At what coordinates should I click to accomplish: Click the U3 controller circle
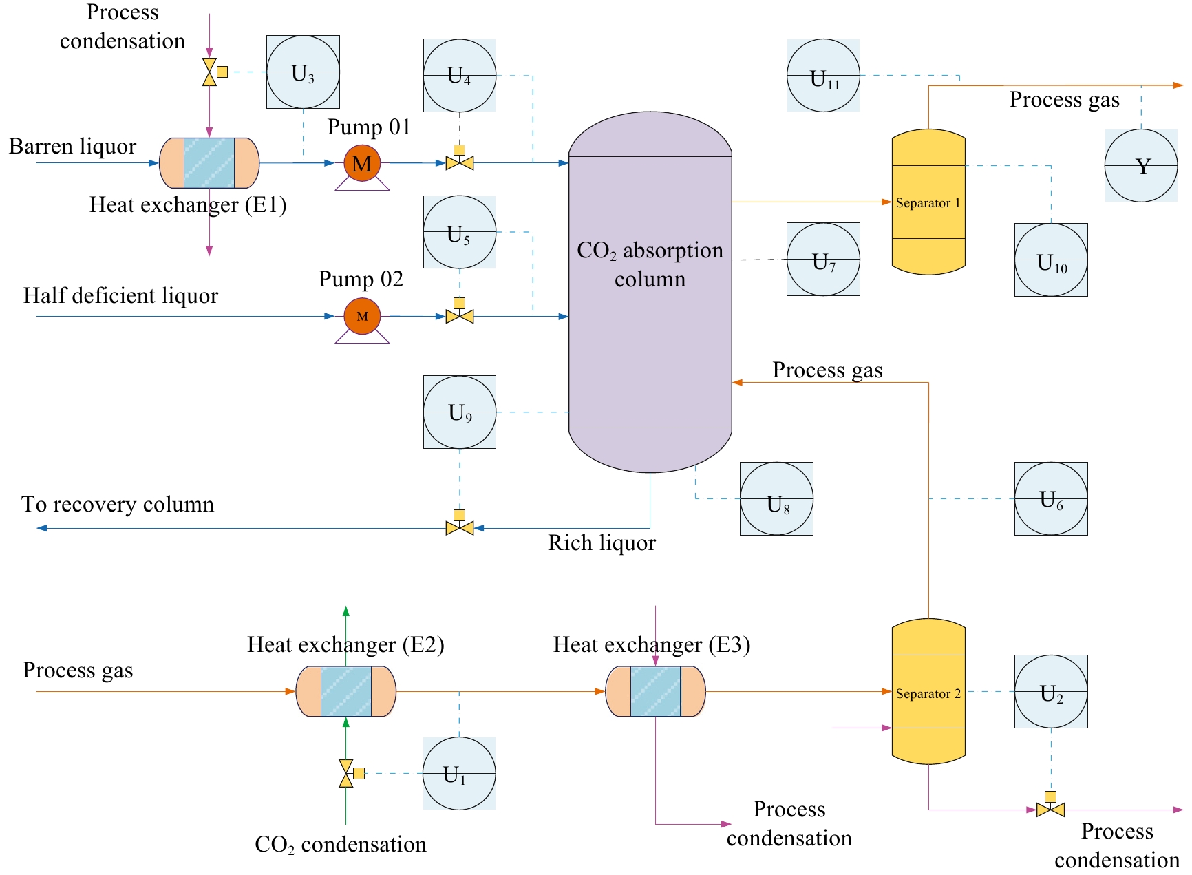tap(303, 72)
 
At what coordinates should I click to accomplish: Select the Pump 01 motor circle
tap(362, 163)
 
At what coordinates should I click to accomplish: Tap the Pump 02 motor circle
tap(362, 316)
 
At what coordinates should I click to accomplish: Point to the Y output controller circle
tap(1141, 165)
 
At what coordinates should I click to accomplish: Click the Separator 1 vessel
tap(928, 202)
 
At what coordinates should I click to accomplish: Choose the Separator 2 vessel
tap(928, 692)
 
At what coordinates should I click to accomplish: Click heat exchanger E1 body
tap(209, 163)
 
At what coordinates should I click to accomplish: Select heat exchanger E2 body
tap(346, 692)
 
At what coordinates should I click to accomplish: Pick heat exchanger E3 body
tap(655, 692)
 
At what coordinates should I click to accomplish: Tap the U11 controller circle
tap(823, 75)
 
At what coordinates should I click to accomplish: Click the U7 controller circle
tap(823, 259)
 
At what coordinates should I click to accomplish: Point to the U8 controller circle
tap(776, 498)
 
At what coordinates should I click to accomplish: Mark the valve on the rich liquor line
tap(460, 528)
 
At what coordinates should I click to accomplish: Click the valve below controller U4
tap(460, 163)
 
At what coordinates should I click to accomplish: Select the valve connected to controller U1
tap(346, 774)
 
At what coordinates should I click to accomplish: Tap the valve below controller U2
tap(1050, 810)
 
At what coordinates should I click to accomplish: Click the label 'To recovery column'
tap(118, 505)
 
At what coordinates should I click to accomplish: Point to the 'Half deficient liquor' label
tap(120, 296)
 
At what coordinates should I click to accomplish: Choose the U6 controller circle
tap(1051, 498)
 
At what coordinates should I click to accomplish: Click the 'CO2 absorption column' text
tap(650, 264)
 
